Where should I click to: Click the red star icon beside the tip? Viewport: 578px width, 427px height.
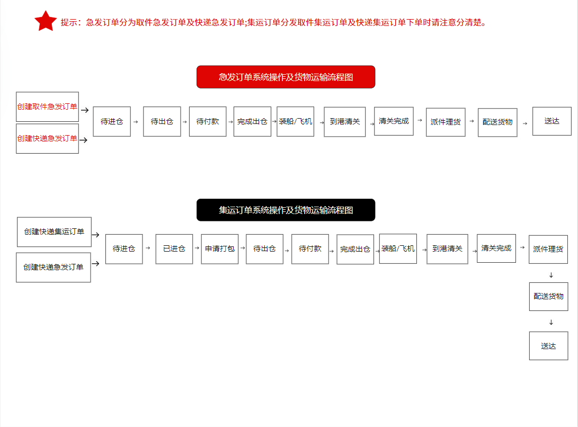coord(46,21)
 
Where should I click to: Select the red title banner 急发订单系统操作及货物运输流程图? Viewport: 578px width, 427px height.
coord(286,77)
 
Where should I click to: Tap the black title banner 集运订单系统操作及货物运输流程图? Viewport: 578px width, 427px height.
coord(286,210)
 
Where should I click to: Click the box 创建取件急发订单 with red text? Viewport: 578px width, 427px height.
coord(47,106)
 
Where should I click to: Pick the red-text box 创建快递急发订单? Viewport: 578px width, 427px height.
coord(47,139)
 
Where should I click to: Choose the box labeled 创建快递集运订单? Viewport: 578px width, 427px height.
coord(54,232)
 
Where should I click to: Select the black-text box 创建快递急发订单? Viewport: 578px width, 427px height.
coord(54,267)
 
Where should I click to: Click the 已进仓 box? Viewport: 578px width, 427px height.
coord(174,248)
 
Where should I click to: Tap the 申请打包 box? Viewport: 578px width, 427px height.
coord(220,248)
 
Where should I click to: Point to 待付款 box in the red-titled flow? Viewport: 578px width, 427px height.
coord(208,121)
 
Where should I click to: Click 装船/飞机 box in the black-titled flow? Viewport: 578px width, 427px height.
coord(398,248)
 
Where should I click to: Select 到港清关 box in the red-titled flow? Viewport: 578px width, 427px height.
coord(344,122)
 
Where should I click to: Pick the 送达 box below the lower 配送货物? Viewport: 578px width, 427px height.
coord(548,346)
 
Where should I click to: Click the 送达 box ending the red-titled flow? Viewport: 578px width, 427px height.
coord(552,121)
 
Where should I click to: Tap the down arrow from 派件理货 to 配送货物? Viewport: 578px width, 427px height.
coord(551,275)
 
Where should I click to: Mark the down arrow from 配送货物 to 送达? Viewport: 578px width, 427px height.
coord(551,322)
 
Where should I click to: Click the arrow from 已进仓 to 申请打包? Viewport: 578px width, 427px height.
coord(197,247)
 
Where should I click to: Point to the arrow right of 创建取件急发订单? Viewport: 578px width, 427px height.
coord(84,110)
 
